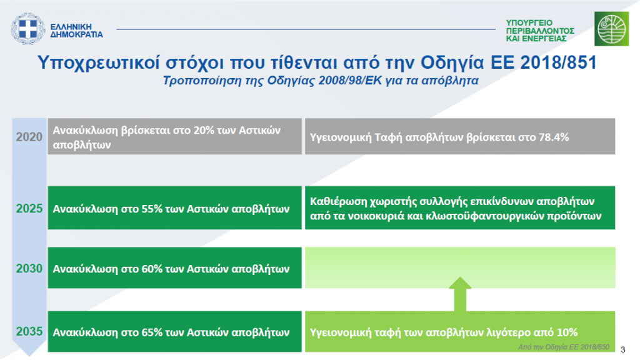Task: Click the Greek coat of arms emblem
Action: [x=27, y=29]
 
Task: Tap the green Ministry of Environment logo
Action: [x=611, y=29]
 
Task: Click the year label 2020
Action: [x=29, y=137]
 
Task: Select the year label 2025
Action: [x=29, y=209]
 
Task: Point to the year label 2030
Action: [x=29, y=269]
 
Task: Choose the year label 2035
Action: [x=29, y=331]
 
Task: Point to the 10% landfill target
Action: [x=567, y=332]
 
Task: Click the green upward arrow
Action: [x=460, y=294]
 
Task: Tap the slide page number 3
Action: [x=623, y=350]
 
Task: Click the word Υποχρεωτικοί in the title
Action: [x=98, y=63]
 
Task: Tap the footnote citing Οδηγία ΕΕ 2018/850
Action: [x=564, y=347]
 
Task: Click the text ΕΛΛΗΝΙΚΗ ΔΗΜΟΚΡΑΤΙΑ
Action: [x=76, y=31]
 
